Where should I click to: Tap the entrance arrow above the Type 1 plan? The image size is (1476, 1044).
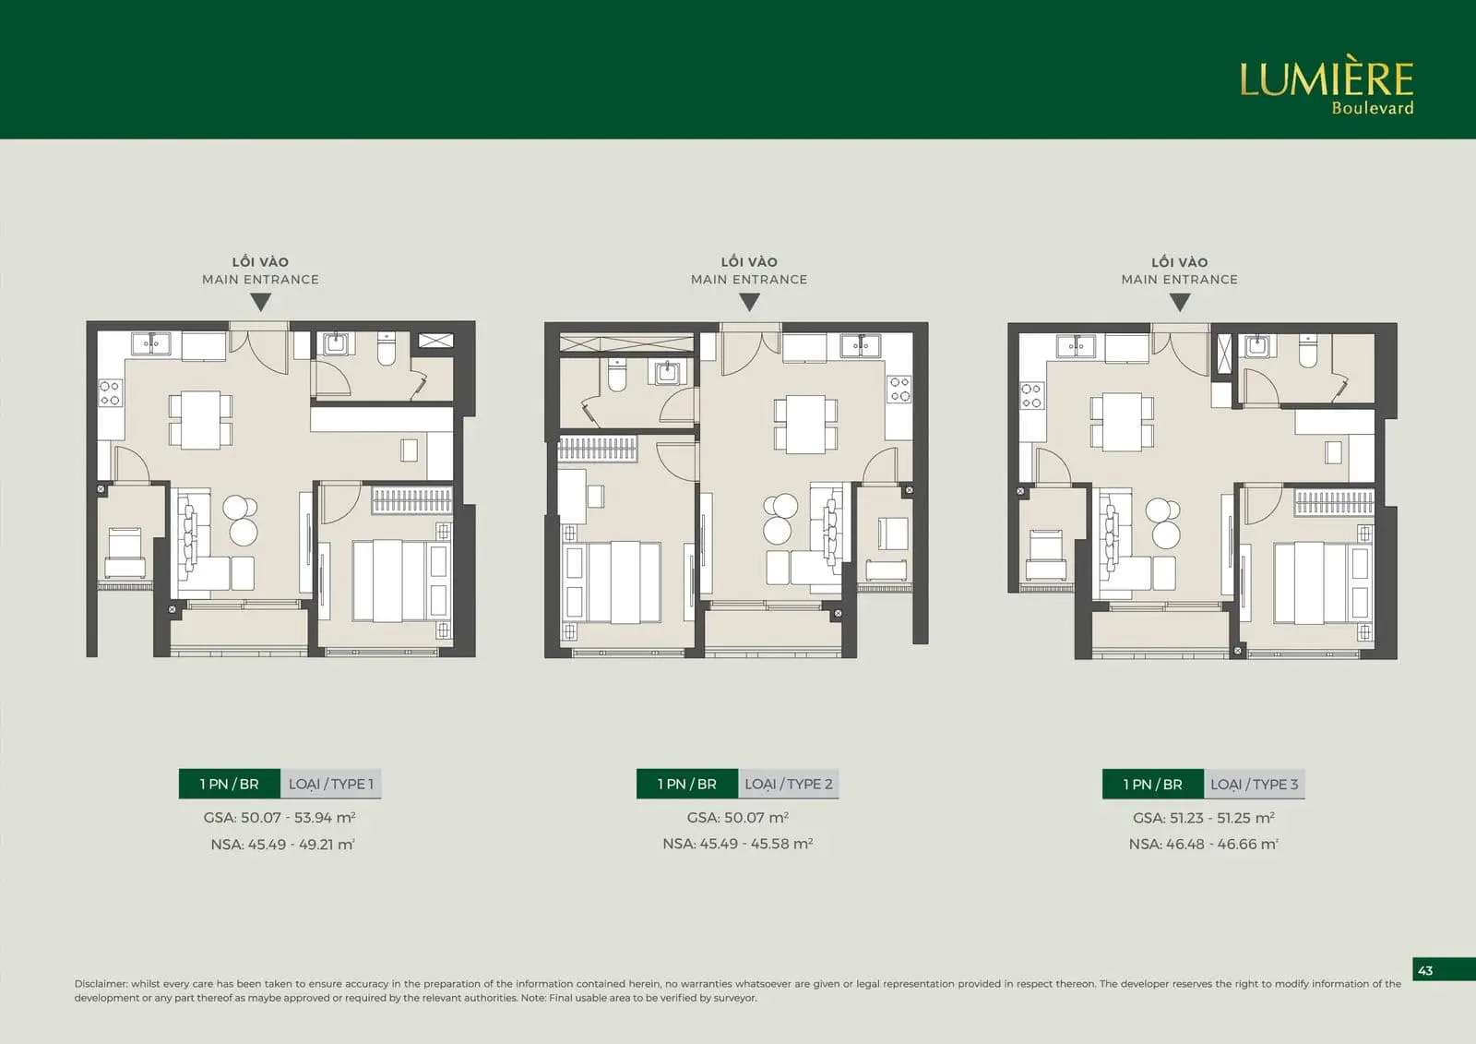[x=261, y=302]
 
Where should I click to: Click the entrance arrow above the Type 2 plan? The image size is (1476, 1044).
[x=749, y=302]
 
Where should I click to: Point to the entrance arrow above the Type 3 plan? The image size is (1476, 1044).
[x=1180, y=302]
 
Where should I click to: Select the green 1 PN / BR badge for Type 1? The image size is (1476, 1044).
[x=230, y=785]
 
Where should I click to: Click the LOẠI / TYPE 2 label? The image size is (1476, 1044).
[x=789, y=785]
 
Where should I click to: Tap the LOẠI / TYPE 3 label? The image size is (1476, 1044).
[x=1254, y=785]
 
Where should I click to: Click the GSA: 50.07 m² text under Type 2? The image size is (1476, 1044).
[x=737, y=818]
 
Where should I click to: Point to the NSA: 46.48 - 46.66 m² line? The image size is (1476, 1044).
[x=1203, y=845]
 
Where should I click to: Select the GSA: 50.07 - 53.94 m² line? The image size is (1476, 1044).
[x=280, y=818]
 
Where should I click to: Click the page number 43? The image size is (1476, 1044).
[x=1425, y=971]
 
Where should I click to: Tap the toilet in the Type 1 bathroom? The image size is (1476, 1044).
[x=387, y=349]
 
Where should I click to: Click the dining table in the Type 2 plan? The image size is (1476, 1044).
[x=805, y=424]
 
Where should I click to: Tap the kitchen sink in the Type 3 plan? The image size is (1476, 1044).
[x=1076, y=345]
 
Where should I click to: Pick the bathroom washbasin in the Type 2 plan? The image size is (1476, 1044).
[x=668, y=371]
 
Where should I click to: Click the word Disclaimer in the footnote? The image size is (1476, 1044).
[x=100, y=983]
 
